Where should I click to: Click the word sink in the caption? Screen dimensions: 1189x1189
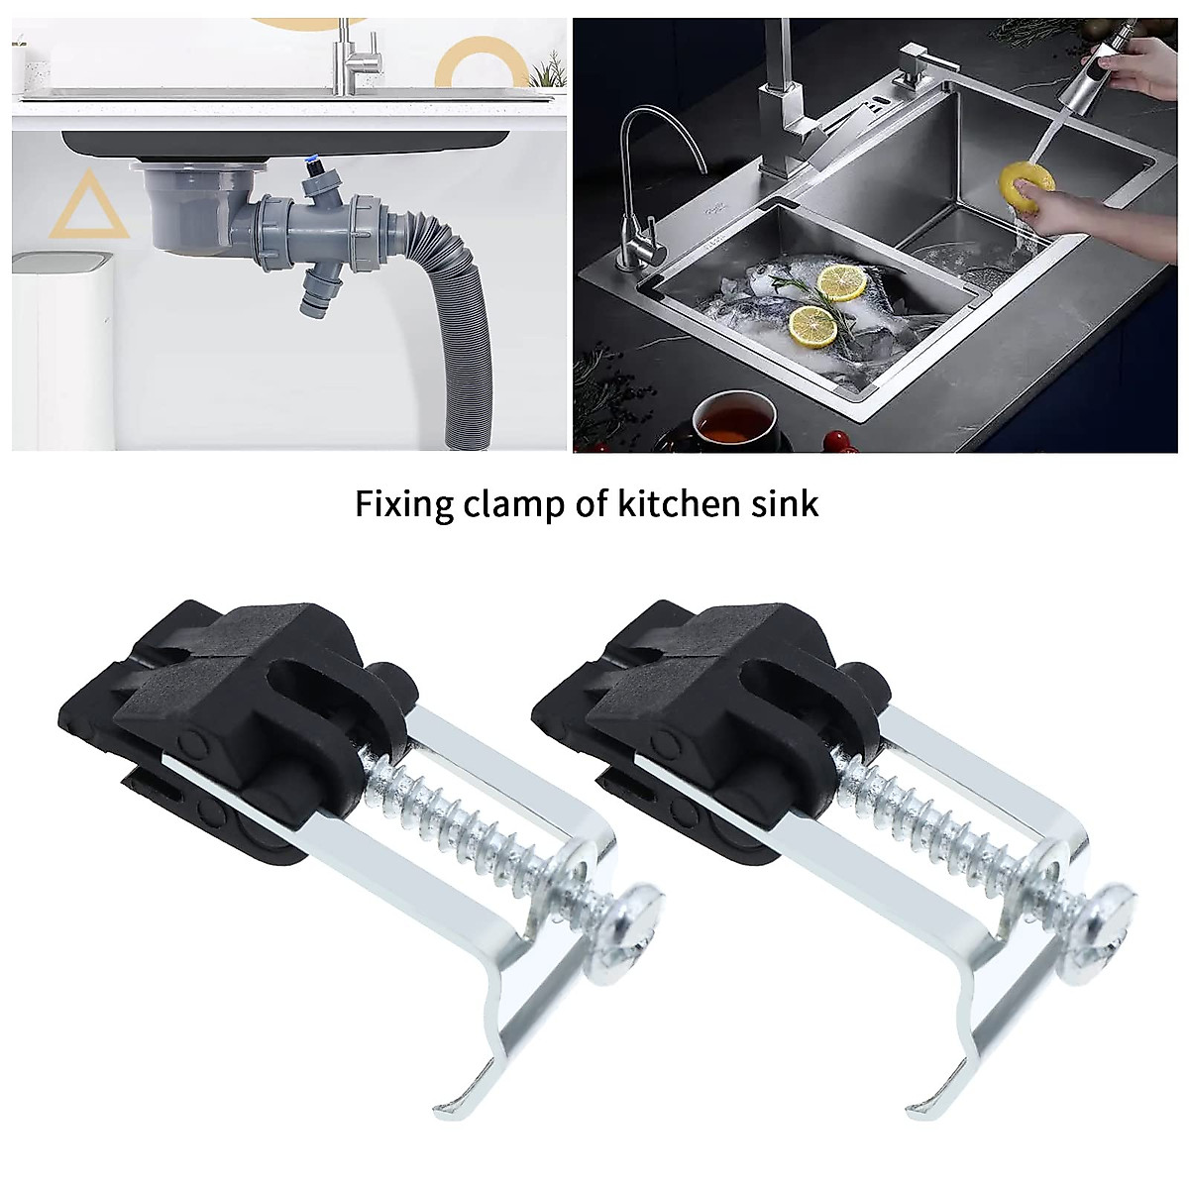tap(789, 504)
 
